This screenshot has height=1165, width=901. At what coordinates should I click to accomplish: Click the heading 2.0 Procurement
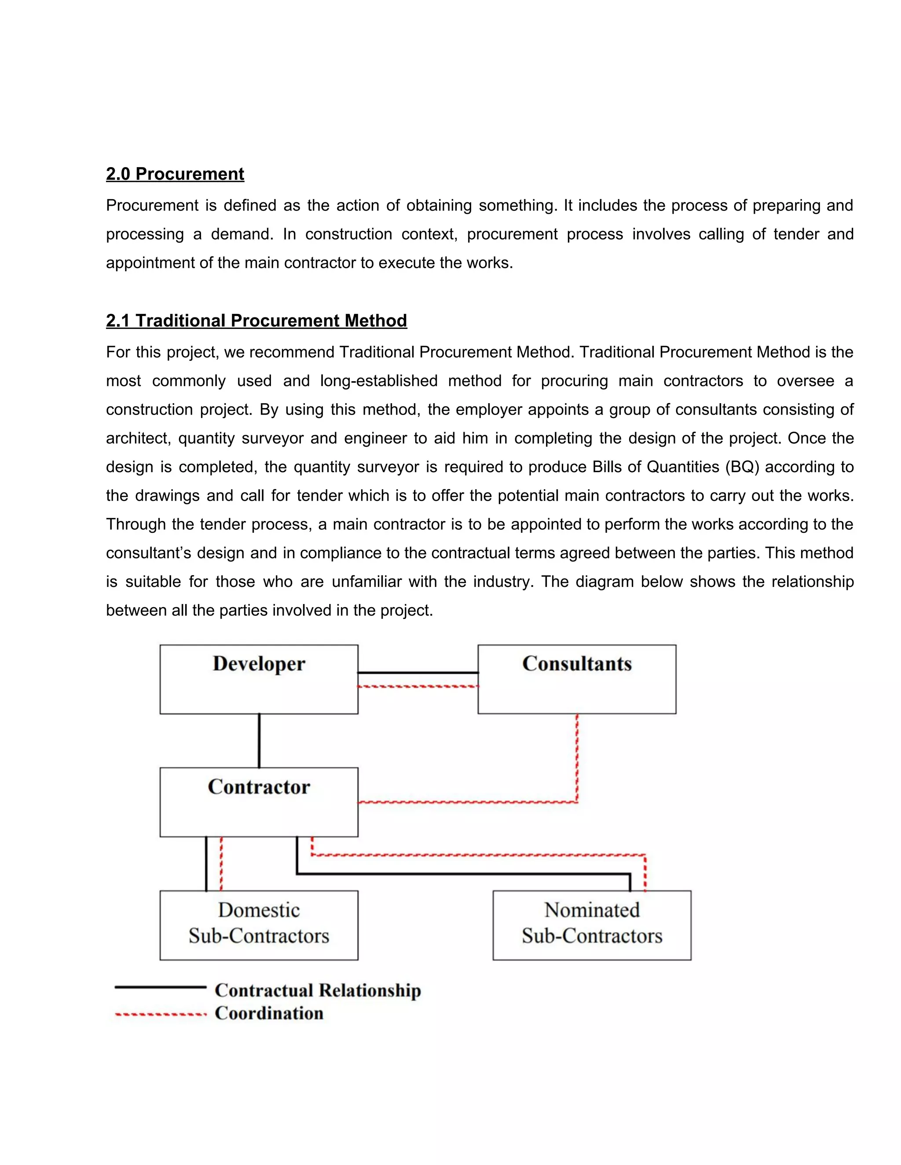point(175,174)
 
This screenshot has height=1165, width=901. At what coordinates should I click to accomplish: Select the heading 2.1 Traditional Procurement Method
point(256,320)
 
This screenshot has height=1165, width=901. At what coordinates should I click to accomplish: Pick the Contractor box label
point(259,787)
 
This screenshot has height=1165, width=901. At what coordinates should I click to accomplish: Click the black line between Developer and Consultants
point(418,673)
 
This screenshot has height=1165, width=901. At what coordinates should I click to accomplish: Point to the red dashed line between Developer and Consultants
point(418,687)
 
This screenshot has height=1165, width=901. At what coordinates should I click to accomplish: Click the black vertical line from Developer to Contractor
point(260,740)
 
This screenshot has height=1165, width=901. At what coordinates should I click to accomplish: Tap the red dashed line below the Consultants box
point(577,757)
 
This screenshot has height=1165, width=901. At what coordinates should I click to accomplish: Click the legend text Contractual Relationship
point(318,990)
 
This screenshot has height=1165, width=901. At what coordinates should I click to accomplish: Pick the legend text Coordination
point(269,1013)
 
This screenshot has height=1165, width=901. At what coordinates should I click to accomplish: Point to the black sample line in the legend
point(160,987)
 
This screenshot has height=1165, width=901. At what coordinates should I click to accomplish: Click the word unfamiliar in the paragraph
point(366,582)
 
